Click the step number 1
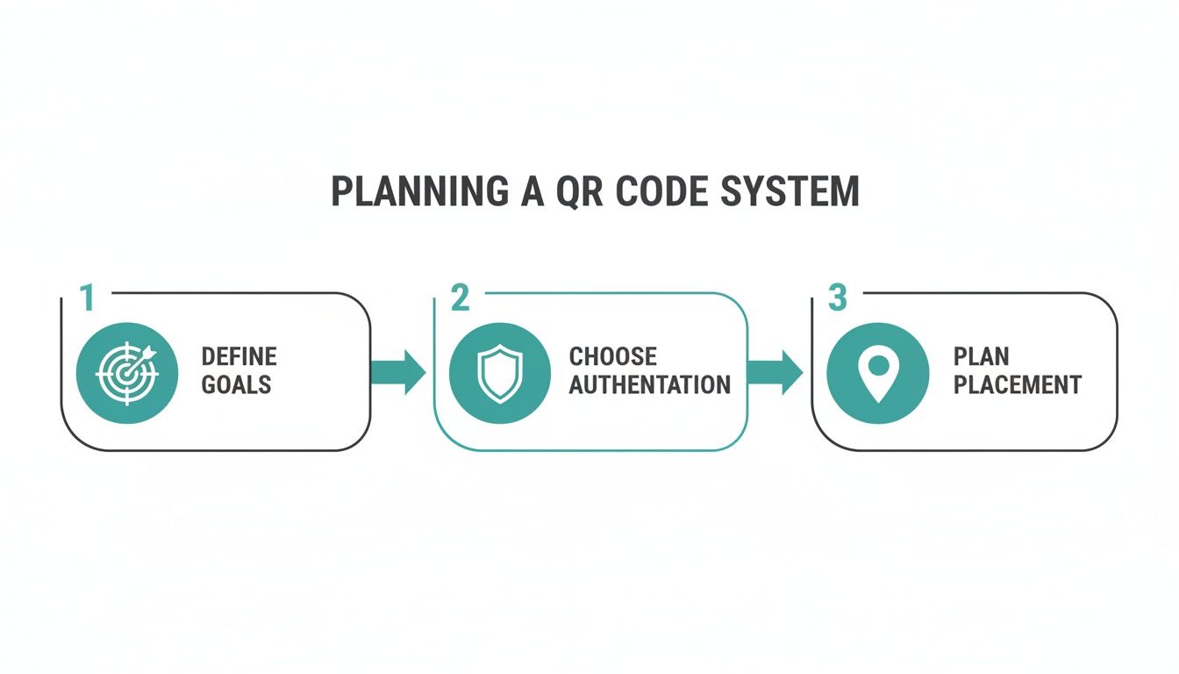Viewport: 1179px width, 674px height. (x=87, y=298)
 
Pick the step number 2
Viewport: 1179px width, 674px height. (x=461, y=298)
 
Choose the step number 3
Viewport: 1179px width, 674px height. (x=837, y=298)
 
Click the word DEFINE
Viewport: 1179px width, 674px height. (x=239, y=356)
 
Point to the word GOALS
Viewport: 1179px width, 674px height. (x=236, y=384)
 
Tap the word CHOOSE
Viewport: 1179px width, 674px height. (x=612, y=356)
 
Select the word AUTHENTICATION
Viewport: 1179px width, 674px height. (x=649, y=384)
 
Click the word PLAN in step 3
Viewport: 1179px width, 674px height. (x=981, y=356)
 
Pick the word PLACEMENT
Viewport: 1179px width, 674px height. (x=1017, y=384)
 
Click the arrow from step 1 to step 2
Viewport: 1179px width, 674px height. (x=399, y=372)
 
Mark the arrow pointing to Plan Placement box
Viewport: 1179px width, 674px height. (x=775, y=372)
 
